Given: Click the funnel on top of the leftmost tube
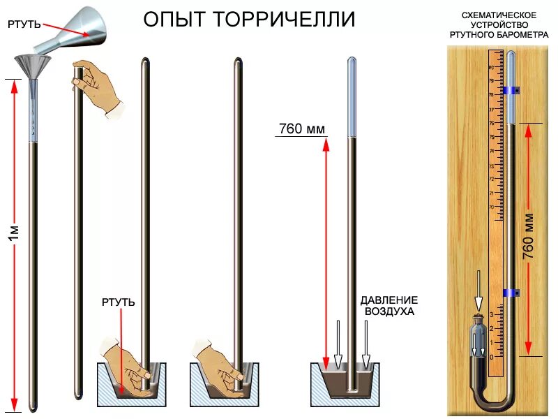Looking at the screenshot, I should [33, 68].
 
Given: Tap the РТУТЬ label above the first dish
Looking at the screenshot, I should [118, 302].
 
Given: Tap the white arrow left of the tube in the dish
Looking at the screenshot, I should [338, 345].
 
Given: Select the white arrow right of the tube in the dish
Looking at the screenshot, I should [366, 345].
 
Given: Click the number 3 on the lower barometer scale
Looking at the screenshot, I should [492, 315].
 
